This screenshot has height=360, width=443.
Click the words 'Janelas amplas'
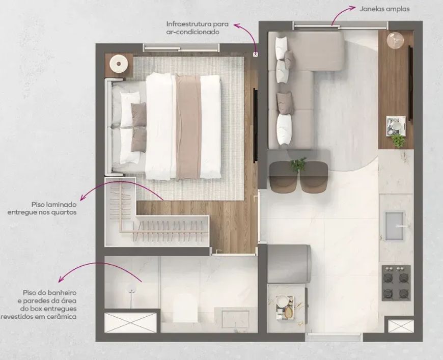coord(384,9)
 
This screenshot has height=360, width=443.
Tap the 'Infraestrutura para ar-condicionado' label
coord(197,27)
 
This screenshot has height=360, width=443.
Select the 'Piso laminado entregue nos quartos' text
coord(42,208)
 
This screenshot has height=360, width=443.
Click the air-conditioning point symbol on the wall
coord(256,53)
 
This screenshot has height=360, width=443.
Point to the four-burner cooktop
coord(396,283)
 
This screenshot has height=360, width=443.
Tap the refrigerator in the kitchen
coord(288,264)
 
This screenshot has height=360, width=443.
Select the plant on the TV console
coord(398,140)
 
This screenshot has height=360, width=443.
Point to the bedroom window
coord(181,48)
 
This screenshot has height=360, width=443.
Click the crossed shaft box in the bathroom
coord(130,322)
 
